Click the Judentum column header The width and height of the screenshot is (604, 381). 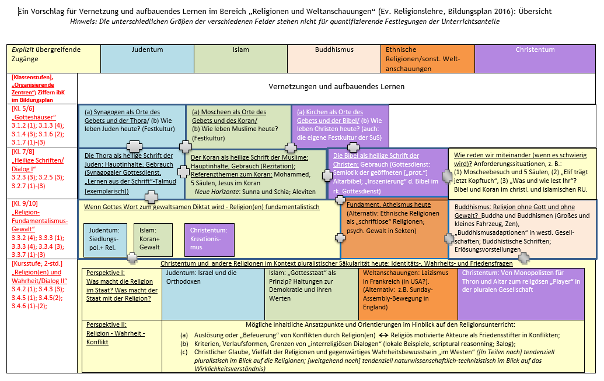coord(147,58)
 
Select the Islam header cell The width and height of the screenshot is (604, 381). coord(240,58)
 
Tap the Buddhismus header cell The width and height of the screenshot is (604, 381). coord(333,58)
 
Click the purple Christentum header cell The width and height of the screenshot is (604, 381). coord(535,58)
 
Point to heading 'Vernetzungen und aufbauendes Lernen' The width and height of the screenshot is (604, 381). coord(337,87)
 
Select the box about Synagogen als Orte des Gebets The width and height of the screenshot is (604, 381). coord(131,126)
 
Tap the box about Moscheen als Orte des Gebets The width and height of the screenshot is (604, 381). coord(238,126)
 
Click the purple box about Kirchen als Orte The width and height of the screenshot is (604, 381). coord(340,126)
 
